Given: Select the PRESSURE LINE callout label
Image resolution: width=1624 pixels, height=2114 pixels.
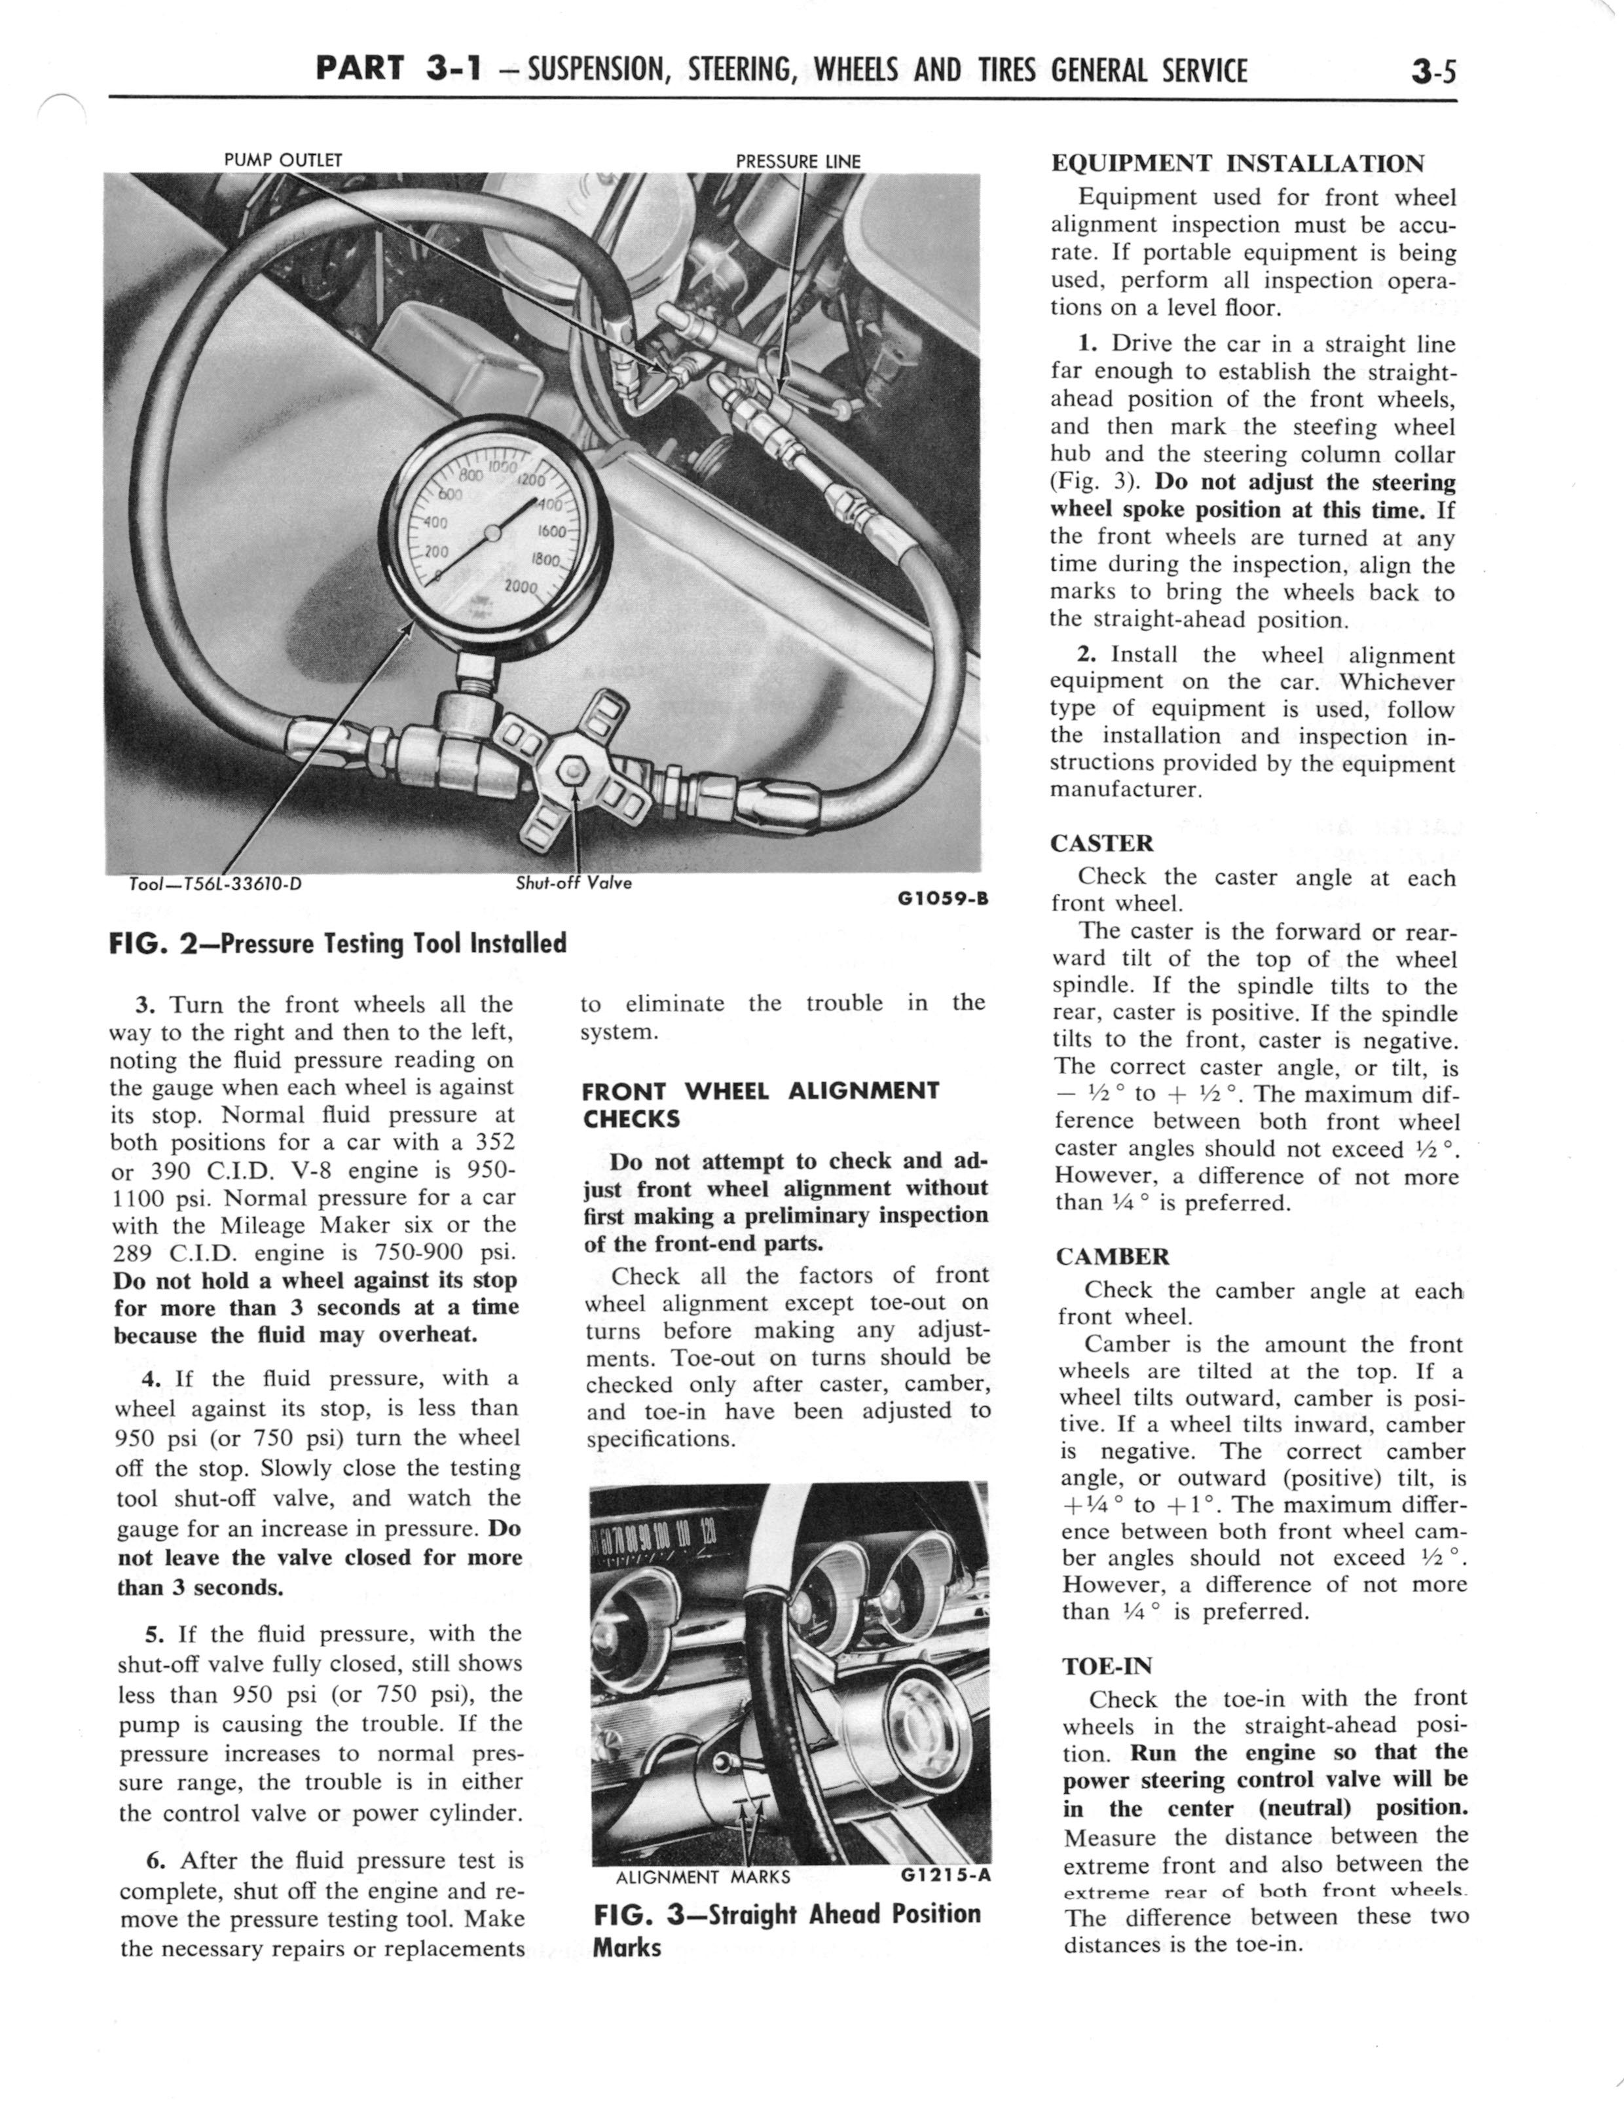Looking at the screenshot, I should coord(798,161).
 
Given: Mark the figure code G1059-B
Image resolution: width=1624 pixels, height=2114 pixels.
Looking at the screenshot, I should coord(942,898).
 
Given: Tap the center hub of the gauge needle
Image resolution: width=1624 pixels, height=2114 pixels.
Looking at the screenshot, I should coord(492,532).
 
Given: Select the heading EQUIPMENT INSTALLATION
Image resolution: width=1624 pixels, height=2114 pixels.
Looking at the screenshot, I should coord(1238,163).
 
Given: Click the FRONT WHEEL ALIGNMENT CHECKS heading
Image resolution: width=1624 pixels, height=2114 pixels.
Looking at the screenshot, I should coord(760,1105).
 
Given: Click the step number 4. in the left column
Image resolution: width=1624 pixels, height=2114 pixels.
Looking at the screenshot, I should coord(150,1379).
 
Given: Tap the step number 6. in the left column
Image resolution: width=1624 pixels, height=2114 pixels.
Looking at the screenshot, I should coord(155,1861).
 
